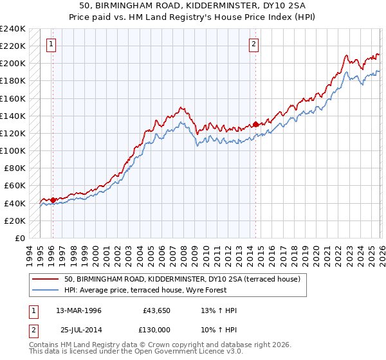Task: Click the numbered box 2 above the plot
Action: click(x=254, y=44)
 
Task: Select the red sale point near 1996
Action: click(x=53, y=199)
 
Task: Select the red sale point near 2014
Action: click(x=255, y=124)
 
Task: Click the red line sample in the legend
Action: click(x=45, y=279)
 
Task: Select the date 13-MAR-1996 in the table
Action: click(x=79, y=310)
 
